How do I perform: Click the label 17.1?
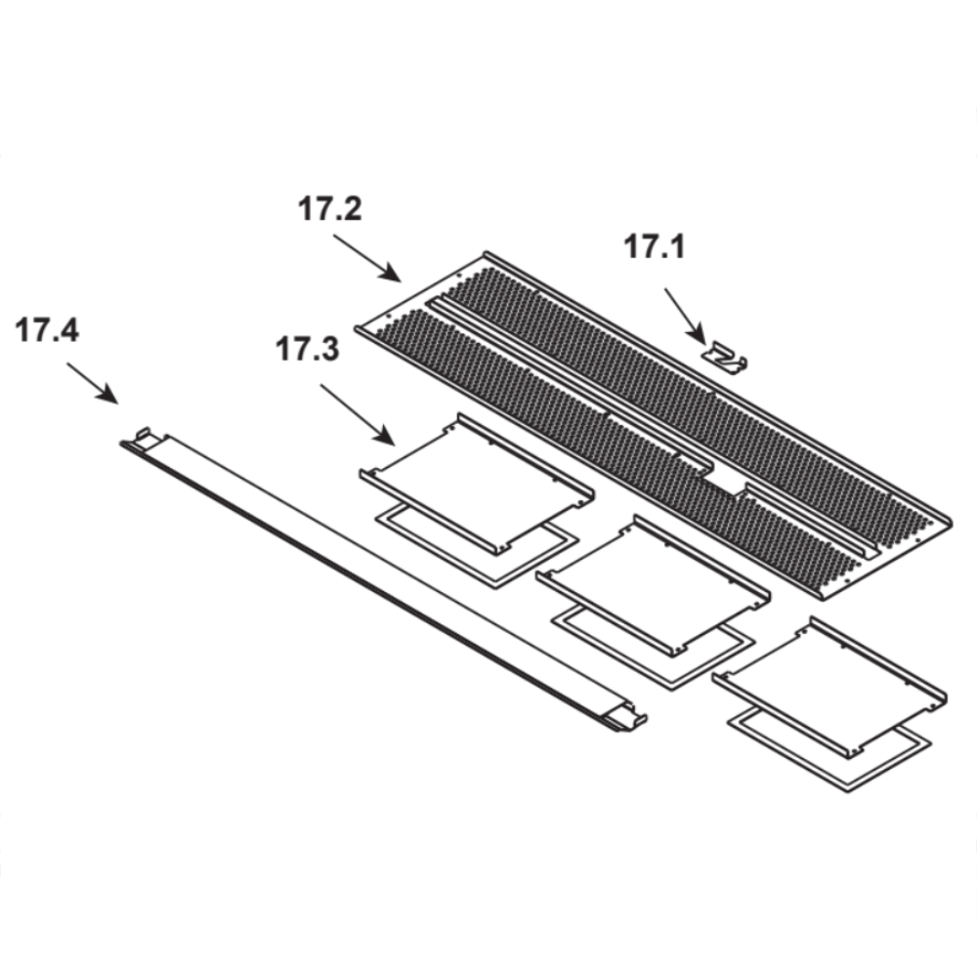pyautogui.click(x=655, y=246)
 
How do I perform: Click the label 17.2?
pyautogui.click(x=329, y=208)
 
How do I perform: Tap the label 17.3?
pyautogui.click(x=308, y=349)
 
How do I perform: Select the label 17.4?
pyautogui.click(x=47, y=330)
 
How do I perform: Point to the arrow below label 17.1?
pyautogui.click(x=686, y=316)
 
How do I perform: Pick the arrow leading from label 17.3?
pyautogui.click(x=358, y=414)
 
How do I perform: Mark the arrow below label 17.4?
pyautogui.click(x=92, y=384)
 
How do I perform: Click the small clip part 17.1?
pyautogui.click(x=725, y=358)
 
